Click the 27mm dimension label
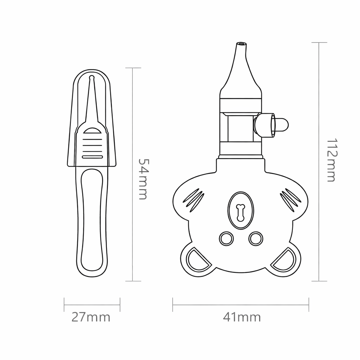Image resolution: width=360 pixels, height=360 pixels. pos(91,317)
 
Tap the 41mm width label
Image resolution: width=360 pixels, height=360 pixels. pos(242,317)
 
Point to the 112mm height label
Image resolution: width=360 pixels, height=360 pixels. pos(331,160)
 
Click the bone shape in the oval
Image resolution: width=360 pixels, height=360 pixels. pos(240,212)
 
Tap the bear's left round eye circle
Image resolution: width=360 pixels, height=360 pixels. pos(226,239)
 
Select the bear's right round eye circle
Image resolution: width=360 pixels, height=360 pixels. pos(256,239)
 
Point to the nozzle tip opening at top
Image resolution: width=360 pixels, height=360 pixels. pos(241,45)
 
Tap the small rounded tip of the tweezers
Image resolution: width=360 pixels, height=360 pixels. pos(92,77)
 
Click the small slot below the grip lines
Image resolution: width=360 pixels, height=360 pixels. pos(92,156)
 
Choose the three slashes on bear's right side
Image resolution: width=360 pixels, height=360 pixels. pos(290,200)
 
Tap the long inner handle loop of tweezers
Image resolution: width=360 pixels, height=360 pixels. pos(92,220)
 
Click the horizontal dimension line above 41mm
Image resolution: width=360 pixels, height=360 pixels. pos(241,305)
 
